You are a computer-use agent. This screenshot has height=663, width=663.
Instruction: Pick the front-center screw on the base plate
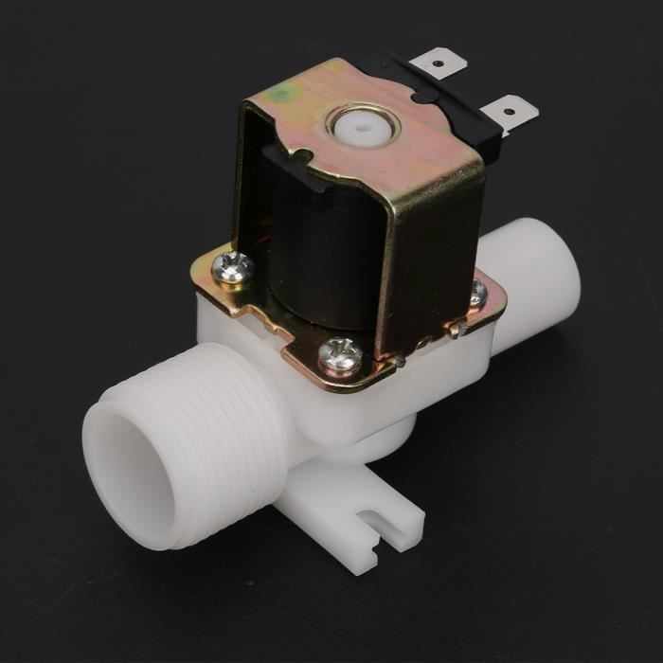[339, 355]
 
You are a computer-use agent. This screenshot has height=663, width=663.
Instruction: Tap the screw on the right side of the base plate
[477, 294]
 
